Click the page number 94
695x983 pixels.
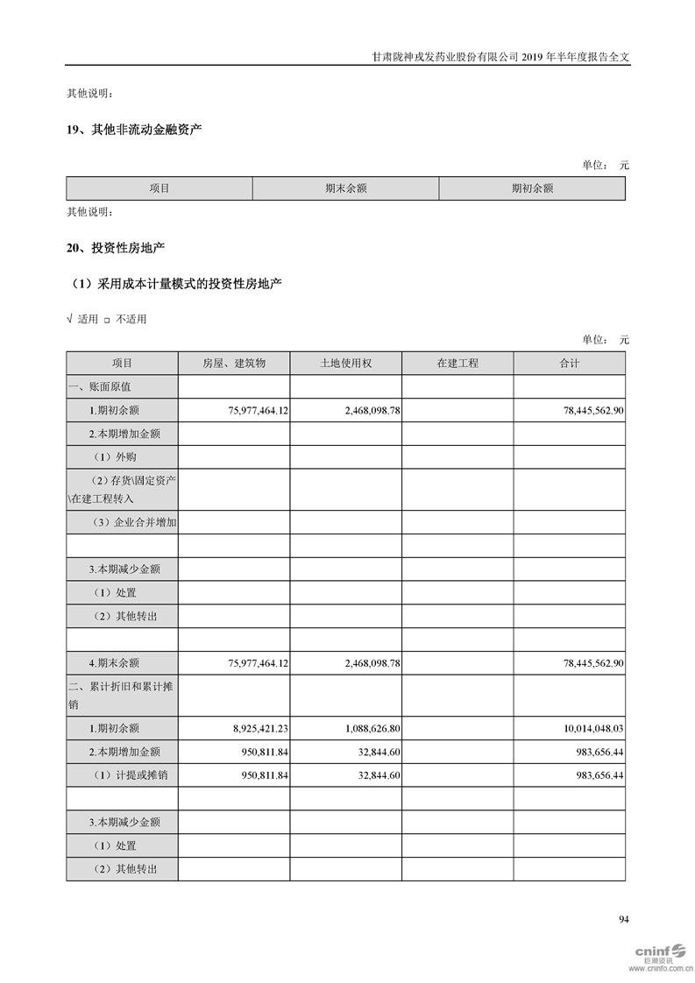pyautogui.click(x=624, y=919)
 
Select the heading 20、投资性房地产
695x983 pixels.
pyautogui.click(x=116, y=248)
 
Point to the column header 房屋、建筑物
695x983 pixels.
pyautogui.click(x=233, y=363)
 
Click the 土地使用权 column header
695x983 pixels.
pyautogui.click(x=345, y=363)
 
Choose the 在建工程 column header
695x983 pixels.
pyautogui.click(x=457, y=363)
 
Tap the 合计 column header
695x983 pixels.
pyautogui.click(x=570, y=363)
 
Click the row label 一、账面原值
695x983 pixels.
pyautogui.click(x=100, y=386)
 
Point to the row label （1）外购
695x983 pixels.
pyautogui.click(x=115, y=456)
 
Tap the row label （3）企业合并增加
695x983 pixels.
pyautogui.click(x=133, y=522)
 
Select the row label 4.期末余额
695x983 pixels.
pyautogui.click(x=114, y=663)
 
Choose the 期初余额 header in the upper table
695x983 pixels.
pyautogui.click(x=532, y=188)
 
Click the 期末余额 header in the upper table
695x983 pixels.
pyautogui.click(x=345, y=188)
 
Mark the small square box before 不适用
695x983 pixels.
pyautogui.click(x=107, y=320)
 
